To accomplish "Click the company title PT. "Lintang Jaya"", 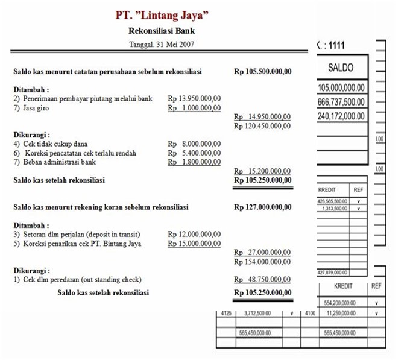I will pos(162,14).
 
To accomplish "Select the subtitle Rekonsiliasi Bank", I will pos(162,31).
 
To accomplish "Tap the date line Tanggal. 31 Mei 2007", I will pos(162,45).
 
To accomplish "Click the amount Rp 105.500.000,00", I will pos(262,71).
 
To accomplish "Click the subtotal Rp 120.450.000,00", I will pos(262,126).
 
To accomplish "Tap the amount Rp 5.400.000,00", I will pos(194,153).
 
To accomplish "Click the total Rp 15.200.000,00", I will pos(262,171).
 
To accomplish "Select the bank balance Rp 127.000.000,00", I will pos(262,207).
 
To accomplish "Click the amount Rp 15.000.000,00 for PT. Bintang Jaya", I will pos(194,243).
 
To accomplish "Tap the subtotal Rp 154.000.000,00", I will pos(262,262).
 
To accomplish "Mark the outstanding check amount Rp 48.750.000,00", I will pos(262,280).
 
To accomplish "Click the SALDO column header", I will pos(341,68).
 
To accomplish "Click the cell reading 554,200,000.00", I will pos(341,302).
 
